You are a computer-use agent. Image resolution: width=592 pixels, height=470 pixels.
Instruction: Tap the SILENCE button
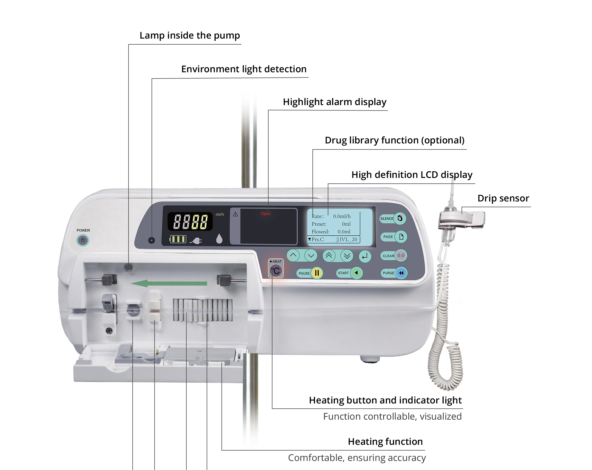pos(400,218)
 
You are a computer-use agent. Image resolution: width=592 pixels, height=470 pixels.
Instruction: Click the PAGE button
pos(401,237)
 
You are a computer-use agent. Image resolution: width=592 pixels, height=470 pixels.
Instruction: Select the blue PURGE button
pos(401,273)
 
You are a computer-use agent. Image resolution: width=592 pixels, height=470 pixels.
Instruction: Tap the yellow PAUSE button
pos(317,273)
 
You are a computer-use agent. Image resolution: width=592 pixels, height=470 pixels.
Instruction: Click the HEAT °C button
pos(276,271)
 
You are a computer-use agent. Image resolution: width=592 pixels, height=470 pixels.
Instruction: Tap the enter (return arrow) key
pos(365,256)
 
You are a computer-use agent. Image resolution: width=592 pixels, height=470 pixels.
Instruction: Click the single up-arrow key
pos(293,256)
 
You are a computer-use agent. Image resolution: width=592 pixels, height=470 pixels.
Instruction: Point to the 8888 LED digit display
pos(190,221)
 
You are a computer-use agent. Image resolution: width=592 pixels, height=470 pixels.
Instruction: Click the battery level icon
pos(178,240)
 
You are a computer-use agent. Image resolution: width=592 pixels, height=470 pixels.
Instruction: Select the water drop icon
pos(219,239)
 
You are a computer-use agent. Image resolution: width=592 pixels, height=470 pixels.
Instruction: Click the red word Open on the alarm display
pos(266,214)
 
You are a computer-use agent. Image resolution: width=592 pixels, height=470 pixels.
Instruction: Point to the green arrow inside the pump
pos(169,283)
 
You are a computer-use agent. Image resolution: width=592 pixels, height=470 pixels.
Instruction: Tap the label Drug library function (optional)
pos(394,140)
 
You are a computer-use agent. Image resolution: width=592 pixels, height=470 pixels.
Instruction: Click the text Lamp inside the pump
pos(189,36)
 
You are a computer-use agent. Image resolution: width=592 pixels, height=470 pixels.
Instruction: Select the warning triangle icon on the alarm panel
pos(235,214)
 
